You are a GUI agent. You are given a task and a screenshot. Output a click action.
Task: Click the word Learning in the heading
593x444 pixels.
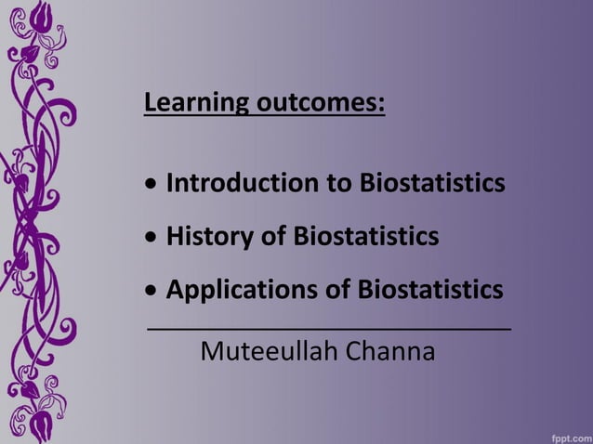184,101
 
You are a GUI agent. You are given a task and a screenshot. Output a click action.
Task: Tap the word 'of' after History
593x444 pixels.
274,237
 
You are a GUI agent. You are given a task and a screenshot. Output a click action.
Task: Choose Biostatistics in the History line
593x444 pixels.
366,237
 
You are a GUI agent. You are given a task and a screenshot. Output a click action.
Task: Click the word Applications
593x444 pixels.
242,291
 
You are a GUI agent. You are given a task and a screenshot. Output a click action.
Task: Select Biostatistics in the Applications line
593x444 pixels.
430,290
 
